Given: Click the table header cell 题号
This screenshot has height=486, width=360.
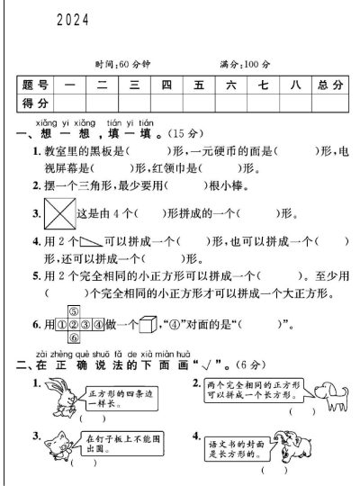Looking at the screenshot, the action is (x=36, y=85).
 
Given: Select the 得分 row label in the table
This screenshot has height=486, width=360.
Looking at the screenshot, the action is (x=36, y=104).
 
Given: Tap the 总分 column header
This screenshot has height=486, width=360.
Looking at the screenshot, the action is (x=329, y=85).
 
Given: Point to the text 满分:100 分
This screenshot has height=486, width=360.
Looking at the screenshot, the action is (x=245, y=65).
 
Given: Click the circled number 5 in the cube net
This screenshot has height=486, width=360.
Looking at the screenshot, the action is (x=75, y=311).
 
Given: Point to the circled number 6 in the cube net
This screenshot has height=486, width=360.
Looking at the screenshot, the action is (x=75, y=337).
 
